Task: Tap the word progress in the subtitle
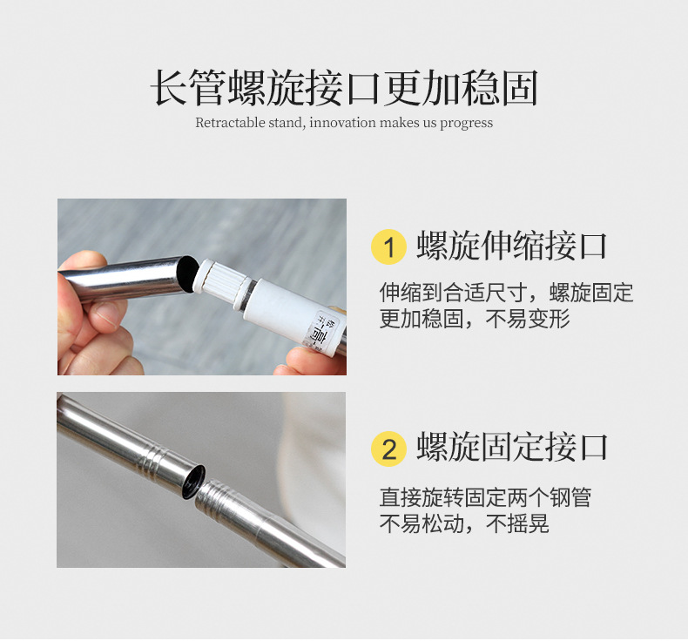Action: tap(466, 123)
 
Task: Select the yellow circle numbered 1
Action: tap(388, 247)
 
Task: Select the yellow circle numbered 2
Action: tap(388, 449)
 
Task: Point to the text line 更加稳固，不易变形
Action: tap(474, 320)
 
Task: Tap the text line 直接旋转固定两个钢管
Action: tap(485, 497)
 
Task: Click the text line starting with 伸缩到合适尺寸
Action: tap(506, 292)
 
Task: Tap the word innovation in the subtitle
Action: tap(343, 123)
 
